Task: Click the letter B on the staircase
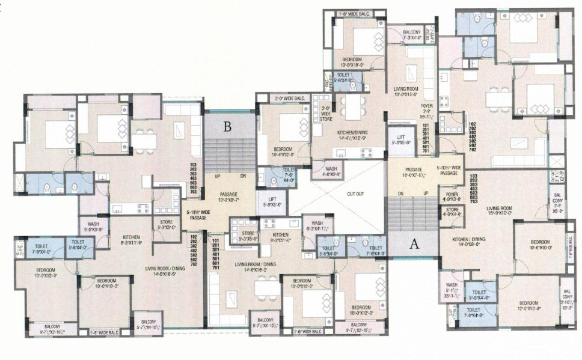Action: tap(227, 127)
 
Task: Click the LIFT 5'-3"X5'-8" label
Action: tap(401, 140)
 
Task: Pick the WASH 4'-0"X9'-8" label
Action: tap(332, 172)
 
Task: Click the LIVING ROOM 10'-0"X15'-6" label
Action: tap(406, 92)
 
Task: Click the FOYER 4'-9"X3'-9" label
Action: tap(452, 197)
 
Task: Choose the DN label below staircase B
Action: tap(243, 177)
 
